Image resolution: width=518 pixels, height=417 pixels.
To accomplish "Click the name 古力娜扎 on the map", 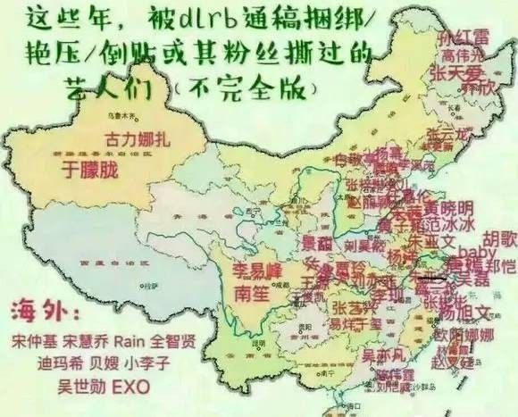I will [137, 139].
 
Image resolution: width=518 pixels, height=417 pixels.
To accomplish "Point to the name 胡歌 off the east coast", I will [500, 238].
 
